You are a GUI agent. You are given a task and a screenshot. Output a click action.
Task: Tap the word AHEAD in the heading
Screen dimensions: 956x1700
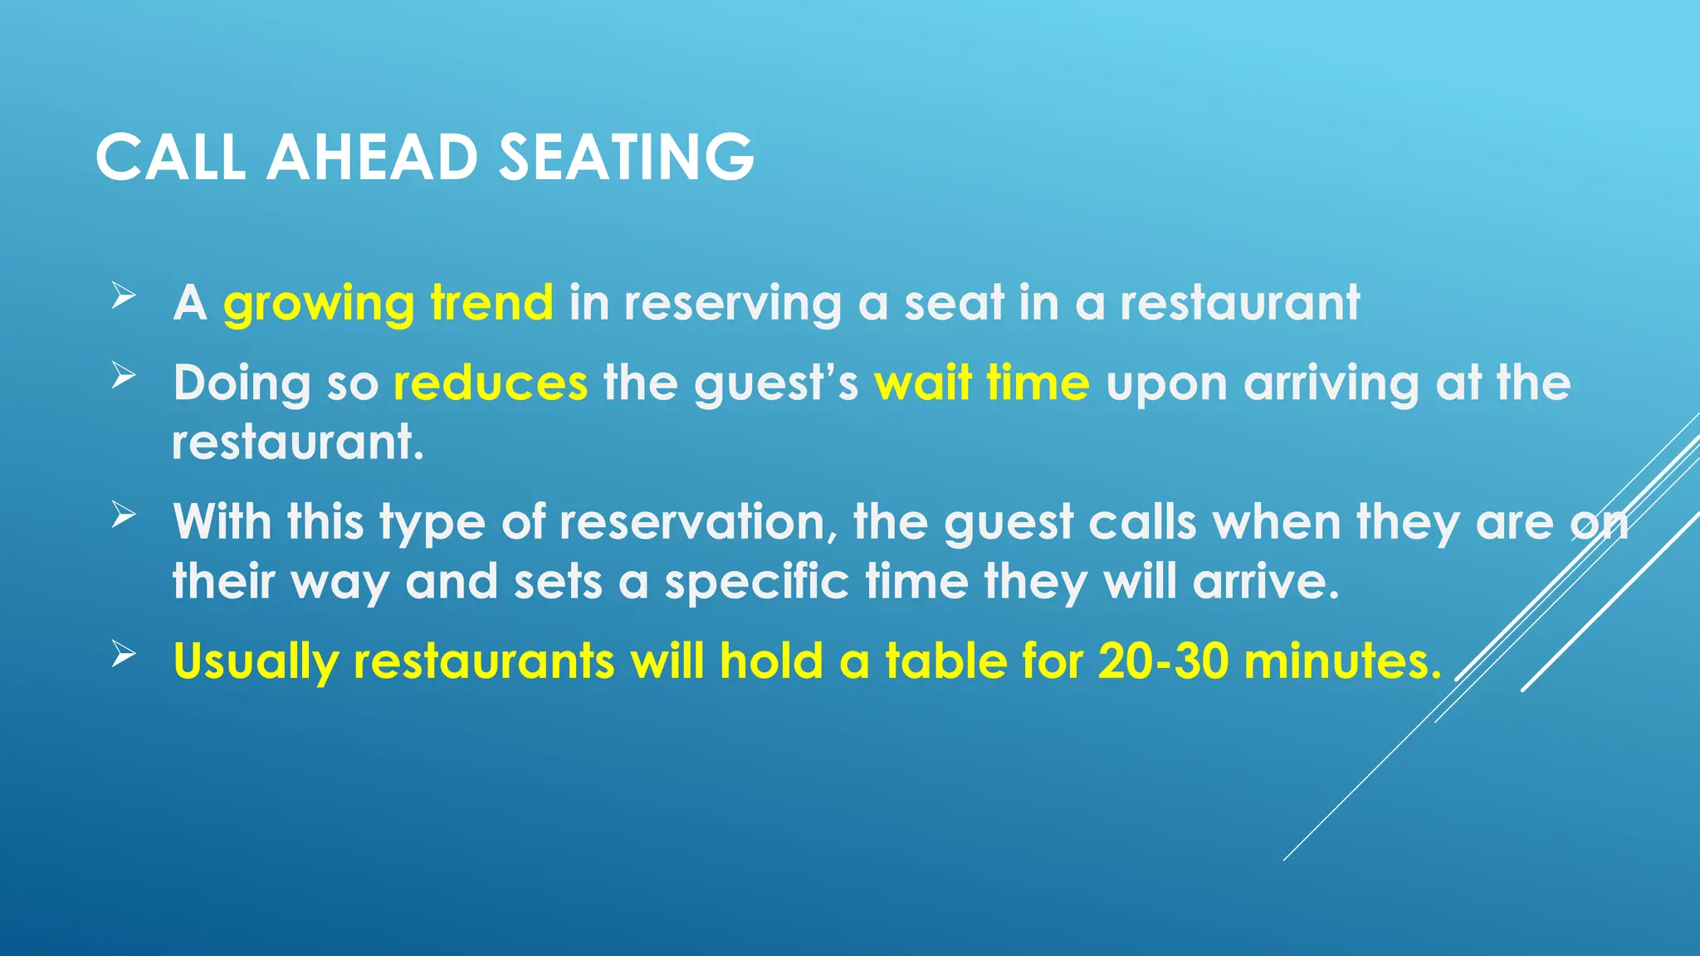point(371,157)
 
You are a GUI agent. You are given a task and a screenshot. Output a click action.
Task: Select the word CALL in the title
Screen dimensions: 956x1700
point(170,157)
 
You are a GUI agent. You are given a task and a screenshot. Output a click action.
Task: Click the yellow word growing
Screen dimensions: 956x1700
point(319,304)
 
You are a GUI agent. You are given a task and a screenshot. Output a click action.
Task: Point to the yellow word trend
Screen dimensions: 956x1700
point(492,302)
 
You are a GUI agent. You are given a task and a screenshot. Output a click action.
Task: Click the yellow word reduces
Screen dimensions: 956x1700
point(491,383)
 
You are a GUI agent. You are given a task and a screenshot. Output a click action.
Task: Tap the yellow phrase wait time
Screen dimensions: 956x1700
point(982,383)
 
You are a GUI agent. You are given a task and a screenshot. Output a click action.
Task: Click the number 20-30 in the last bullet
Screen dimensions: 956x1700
point(1163,661)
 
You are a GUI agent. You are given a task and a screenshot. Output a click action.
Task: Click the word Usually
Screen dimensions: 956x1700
point(256,663)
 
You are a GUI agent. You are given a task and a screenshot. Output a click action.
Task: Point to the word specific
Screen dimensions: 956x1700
point(757,583)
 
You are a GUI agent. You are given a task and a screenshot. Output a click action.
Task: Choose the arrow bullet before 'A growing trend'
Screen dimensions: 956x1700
point(123,295)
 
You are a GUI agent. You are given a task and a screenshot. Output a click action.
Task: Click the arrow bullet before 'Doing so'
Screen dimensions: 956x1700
point(123,376)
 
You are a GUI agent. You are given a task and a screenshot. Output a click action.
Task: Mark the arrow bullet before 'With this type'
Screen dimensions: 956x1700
point(123,515)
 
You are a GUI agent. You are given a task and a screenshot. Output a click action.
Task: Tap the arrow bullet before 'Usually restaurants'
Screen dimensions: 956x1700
point(123,654)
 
